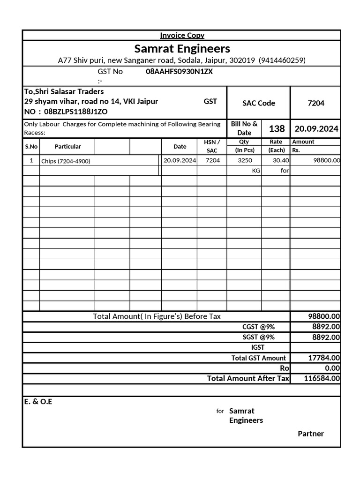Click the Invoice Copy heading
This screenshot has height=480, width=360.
coord(182,35)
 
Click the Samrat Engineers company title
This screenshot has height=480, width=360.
coord(182,48)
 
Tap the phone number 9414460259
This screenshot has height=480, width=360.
coord(282,60)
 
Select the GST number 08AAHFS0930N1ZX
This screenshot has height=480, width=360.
coord(179,71)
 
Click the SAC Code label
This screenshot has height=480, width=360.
coord(258,103)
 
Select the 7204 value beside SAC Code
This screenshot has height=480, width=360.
coord(315,103)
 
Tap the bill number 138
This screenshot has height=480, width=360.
coord(277,128)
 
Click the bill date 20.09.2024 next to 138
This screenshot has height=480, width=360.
coord(316,128)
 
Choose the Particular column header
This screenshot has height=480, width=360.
coord(67,146)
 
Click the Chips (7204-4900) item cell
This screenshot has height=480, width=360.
coord(66,161)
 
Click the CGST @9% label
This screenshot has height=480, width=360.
coord(258,327)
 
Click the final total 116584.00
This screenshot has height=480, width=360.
coord(322,378)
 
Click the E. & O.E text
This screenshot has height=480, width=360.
coord(38,401)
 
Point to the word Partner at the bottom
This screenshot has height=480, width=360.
coord(310,434)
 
